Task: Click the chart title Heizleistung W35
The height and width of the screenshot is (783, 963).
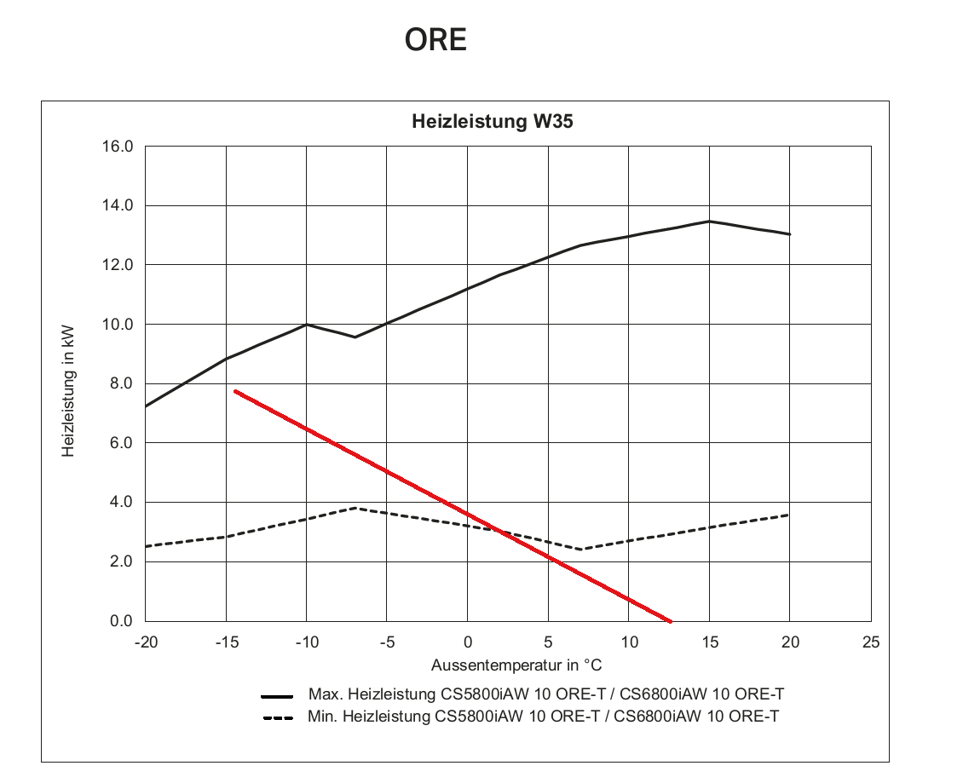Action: (x=492, y=122)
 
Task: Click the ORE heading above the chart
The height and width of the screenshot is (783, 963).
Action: (x=435, y=40)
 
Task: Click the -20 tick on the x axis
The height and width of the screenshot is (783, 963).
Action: (x=146, y=642)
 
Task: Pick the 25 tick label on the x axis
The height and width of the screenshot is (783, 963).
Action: (x=871, y=642)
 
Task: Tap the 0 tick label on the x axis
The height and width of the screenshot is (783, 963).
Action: (x=468, y=642)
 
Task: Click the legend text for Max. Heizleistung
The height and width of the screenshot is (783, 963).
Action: (x=545, y=694)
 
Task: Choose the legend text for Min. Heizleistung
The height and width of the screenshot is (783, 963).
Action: (x=543, y=717)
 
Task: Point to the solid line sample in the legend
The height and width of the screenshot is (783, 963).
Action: (x=278, y=695)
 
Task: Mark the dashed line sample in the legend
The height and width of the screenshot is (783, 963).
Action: (x=279, y=717)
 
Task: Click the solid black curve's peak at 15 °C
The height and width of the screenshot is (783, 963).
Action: (x=709, y=222)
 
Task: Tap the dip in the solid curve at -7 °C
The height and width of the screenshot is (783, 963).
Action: (x=355, y=337)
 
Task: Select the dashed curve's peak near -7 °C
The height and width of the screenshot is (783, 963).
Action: (x=355, y=508)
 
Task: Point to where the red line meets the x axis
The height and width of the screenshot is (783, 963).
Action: (x=671, y=621)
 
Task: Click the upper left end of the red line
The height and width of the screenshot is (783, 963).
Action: (x=235, y=391)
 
